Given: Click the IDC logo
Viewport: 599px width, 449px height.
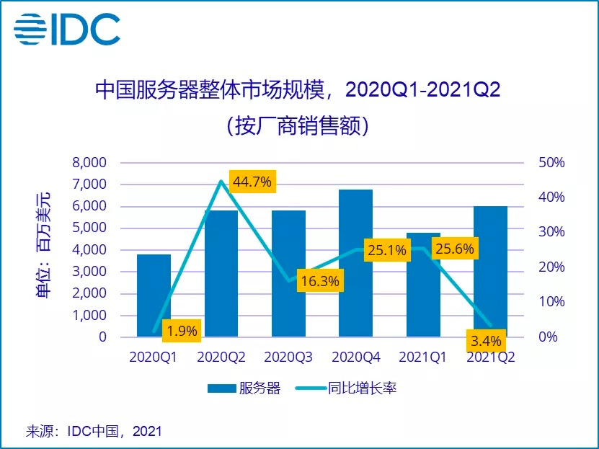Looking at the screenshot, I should click(x=66, y=30).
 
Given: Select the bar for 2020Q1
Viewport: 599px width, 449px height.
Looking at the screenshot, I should click(x=154, y=295).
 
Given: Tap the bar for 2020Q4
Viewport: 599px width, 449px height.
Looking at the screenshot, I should click(x=355, y=263).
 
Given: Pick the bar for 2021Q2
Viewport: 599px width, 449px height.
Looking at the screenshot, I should click(x=490, y=271).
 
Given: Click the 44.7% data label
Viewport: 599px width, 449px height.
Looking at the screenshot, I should click(x=252, y=182).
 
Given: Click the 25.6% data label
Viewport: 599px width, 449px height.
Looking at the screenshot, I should click(x=453, y=249).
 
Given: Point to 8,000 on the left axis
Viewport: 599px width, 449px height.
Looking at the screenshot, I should click(x=89, y=162).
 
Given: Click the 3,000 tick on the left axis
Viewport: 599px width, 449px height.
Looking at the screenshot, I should click(x=89, y=272).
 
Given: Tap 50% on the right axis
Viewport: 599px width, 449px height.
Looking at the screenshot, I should click(x=551, y=162).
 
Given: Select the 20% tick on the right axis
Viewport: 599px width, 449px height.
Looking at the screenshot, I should click(x=551, y=267).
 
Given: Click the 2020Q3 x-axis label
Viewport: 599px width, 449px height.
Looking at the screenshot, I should click(x=288, y=357).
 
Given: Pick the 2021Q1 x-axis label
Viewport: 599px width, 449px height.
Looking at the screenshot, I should click(x=423, y=357).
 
